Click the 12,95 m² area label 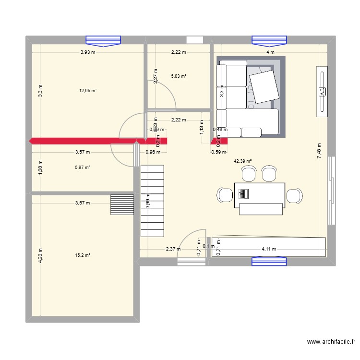click(x=88, y=90)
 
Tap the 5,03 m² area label click(x=179, y=76)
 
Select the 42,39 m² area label click(x=242, y=162)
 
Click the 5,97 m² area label click(x=83, y=167)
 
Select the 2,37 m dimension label click(x=173, y=249)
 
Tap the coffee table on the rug click(x=263, y=86)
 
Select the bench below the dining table click(x=260, y=209)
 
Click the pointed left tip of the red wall click(x=30, y=141)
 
